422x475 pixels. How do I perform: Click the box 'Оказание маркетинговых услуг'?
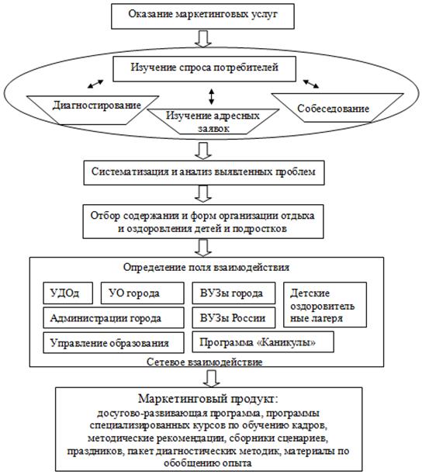[202, 16]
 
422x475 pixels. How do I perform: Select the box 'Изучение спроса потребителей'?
[204, 69]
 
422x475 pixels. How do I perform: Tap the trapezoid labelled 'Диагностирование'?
[92, 110]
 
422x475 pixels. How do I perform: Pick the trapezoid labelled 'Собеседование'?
[337, 108]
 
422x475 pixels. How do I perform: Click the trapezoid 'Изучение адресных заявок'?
[213, 122]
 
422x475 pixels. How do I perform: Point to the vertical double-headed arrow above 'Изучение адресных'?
[211, 97]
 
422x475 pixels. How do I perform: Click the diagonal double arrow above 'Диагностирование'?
[95, 84]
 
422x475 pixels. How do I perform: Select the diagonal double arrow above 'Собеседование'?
[311, 84]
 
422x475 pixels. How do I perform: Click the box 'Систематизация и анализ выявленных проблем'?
[204, 173]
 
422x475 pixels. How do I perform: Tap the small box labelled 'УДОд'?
[67, 293]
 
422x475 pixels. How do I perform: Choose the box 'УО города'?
[142, 293]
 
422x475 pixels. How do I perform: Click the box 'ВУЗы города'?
[233, 293]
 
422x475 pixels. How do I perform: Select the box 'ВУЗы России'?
[233, 317]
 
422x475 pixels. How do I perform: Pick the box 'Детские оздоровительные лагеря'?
[325, 305]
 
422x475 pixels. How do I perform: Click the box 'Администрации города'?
[113, 317]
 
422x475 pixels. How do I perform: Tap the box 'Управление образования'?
[113, 342]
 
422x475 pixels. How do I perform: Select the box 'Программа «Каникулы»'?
[263, 342]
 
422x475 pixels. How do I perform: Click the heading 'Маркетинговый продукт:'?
[208, 399]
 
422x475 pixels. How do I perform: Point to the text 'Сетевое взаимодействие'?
[204, 362]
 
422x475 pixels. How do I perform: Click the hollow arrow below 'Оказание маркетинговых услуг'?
[202, 39]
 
